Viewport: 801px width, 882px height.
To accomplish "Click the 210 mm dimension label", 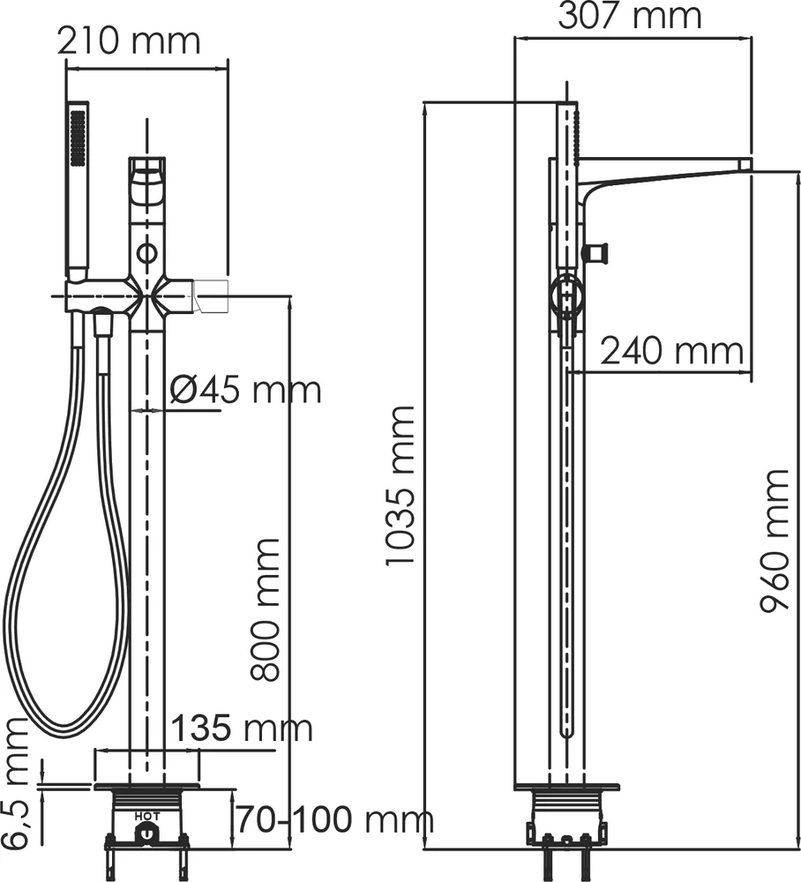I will click(x=129, y=41).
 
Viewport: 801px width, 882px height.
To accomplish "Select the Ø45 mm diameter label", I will click(x=244, y=390).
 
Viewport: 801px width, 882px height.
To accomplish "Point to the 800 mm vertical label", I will click(x=265, y=609).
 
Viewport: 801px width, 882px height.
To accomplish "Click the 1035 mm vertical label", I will click(x=400, y=486).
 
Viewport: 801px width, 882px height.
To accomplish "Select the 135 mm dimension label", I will click(x=241, y=729).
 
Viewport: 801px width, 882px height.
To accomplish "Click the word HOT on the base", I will click(x=147, y=816).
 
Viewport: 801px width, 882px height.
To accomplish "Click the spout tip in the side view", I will click(x=744, y=164).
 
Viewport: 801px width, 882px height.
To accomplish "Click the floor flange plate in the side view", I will click(x=566, y=786).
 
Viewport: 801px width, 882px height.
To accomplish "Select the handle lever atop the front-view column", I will click(x=147, y=180).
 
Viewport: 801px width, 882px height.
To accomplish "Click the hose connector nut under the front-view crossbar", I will click(x=103, y=325).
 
